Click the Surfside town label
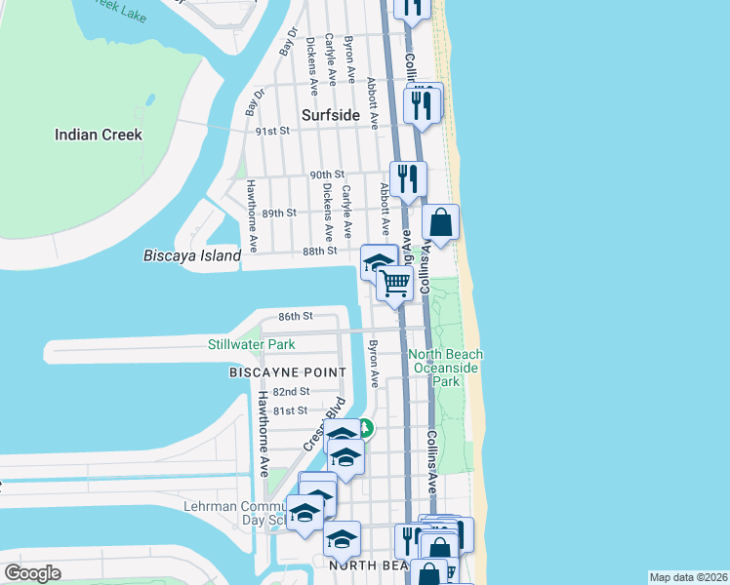330,114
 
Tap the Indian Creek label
99,135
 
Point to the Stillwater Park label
251,344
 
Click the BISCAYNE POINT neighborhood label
287,372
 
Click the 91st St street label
272,131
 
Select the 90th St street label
322,175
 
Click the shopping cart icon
395,284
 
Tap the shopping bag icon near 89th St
441,222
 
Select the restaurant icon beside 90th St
407,178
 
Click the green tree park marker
364,427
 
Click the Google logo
32,573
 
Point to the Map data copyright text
687,577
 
